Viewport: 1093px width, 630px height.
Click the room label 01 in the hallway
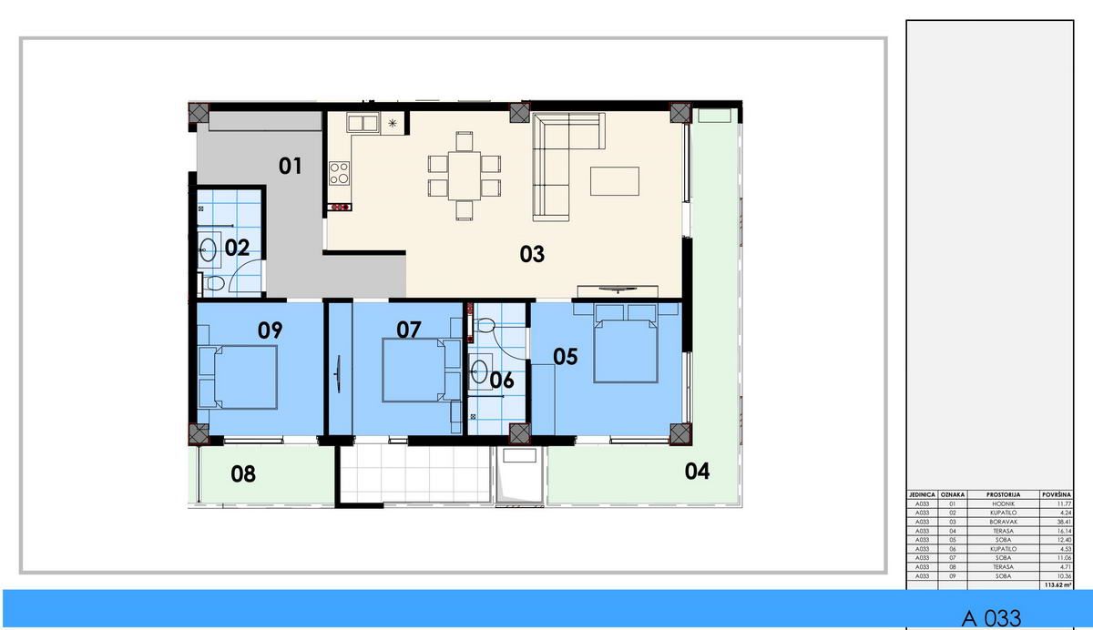(290, 166)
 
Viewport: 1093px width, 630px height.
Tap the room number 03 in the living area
(532, 254)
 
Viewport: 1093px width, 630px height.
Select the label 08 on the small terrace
(243, 474)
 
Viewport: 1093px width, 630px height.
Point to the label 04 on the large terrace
(697, 471)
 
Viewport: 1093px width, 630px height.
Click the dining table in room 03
(465, 176)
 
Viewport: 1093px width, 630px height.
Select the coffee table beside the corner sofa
(614, 181)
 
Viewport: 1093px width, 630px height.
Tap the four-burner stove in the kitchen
(340, 172)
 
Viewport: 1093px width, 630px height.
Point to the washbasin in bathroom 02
(209, 247)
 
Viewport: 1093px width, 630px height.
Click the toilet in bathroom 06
(485, 324)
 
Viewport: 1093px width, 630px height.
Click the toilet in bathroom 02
(215, 284)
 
